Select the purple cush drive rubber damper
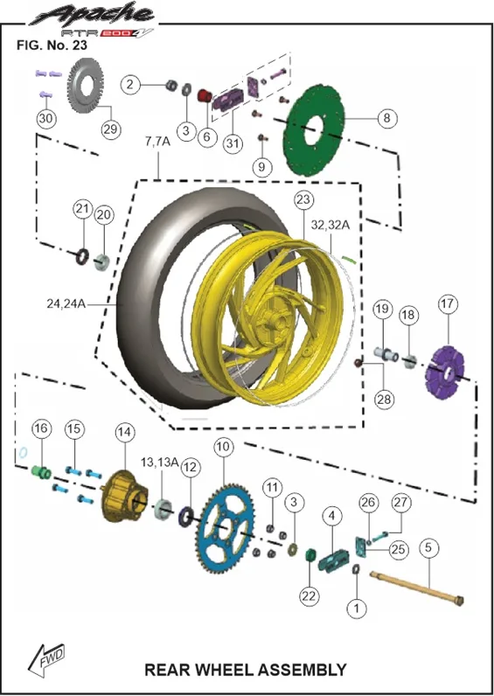444,372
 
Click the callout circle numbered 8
386,119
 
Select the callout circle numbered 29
110,129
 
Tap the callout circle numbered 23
303,199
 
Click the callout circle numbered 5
428,547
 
